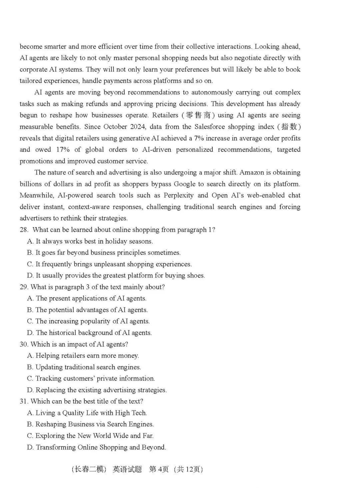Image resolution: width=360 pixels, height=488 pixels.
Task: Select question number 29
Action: [24, 287]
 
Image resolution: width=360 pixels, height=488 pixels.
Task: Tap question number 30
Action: [24, 344]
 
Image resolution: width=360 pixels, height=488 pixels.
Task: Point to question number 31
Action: [24, 401]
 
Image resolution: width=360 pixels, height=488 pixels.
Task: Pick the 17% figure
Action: [63, 149]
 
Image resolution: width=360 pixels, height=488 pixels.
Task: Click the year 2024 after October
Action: [138, 127]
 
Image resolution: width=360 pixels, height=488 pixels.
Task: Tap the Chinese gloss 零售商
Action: [198, 115]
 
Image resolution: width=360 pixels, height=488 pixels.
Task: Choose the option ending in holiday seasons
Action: [90, 241]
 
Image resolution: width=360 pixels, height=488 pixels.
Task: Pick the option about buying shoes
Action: [116, 276]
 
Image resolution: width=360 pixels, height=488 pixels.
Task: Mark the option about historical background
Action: [89, 333]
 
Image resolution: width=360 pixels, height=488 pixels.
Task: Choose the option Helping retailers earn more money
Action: [83, 356]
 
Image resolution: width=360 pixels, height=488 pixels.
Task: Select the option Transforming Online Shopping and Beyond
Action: [97, 447]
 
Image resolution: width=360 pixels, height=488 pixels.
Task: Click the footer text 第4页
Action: [159, 469]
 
